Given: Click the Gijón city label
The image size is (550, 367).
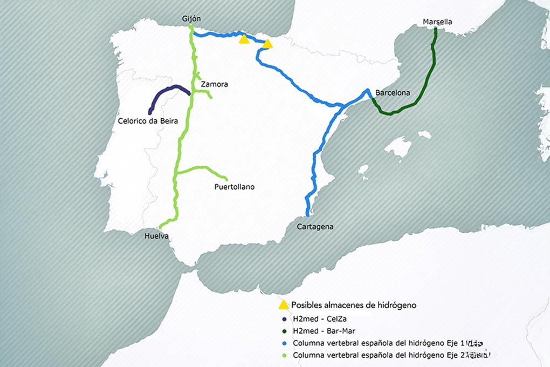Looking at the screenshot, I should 191,20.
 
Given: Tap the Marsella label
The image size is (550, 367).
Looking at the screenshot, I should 437,22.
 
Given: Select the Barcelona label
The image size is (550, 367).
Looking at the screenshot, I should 393,93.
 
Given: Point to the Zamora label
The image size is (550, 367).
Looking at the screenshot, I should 214,84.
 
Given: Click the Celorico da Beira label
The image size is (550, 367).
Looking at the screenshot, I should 148,121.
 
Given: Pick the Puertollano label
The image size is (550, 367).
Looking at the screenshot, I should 234,187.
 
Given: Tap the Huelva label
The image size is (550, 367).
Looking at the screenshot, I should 157,236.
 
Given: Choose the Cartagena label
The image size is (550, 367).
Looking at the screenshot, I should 315,227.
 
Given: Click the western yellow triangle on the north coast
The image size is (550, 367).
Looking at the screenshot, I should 244,39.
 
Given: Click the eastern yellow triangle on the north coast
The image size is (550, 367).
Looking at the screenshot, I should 267,44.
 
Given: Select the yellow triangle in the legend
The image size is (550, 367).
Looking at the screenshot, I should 284,305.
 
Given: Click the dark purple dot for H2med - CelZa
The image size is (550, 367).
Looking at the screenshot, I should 284,319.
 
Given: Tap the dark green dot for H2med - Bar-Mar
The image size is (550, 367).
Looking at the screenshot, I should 284,331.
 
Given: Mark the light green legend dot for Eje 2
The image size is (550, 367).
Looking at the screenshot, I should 284,355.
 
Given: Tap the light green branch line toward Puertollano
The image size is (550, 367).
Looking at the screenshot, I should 205,168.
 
